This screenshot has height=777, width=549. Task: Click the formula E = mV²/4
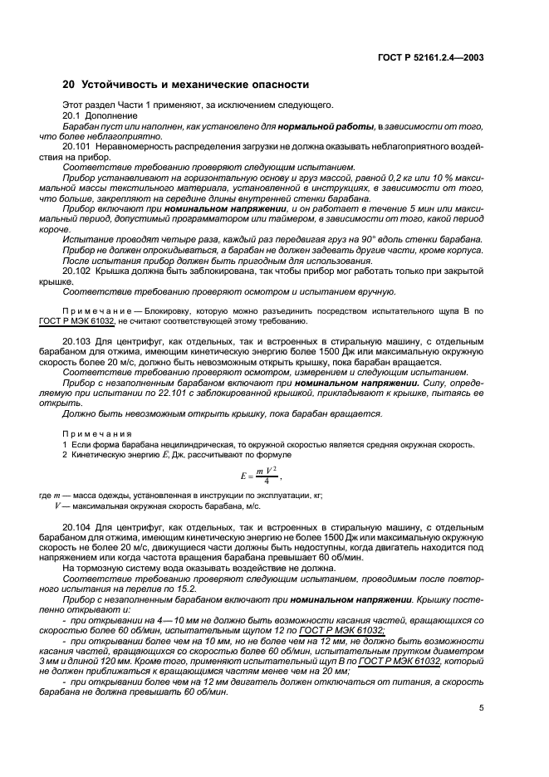tap(259, 476)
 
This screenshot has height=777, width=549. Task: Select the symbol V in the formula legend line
tap(57, 506)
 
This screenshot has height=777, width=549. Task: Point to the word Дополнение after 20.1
tap(104, 115)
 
